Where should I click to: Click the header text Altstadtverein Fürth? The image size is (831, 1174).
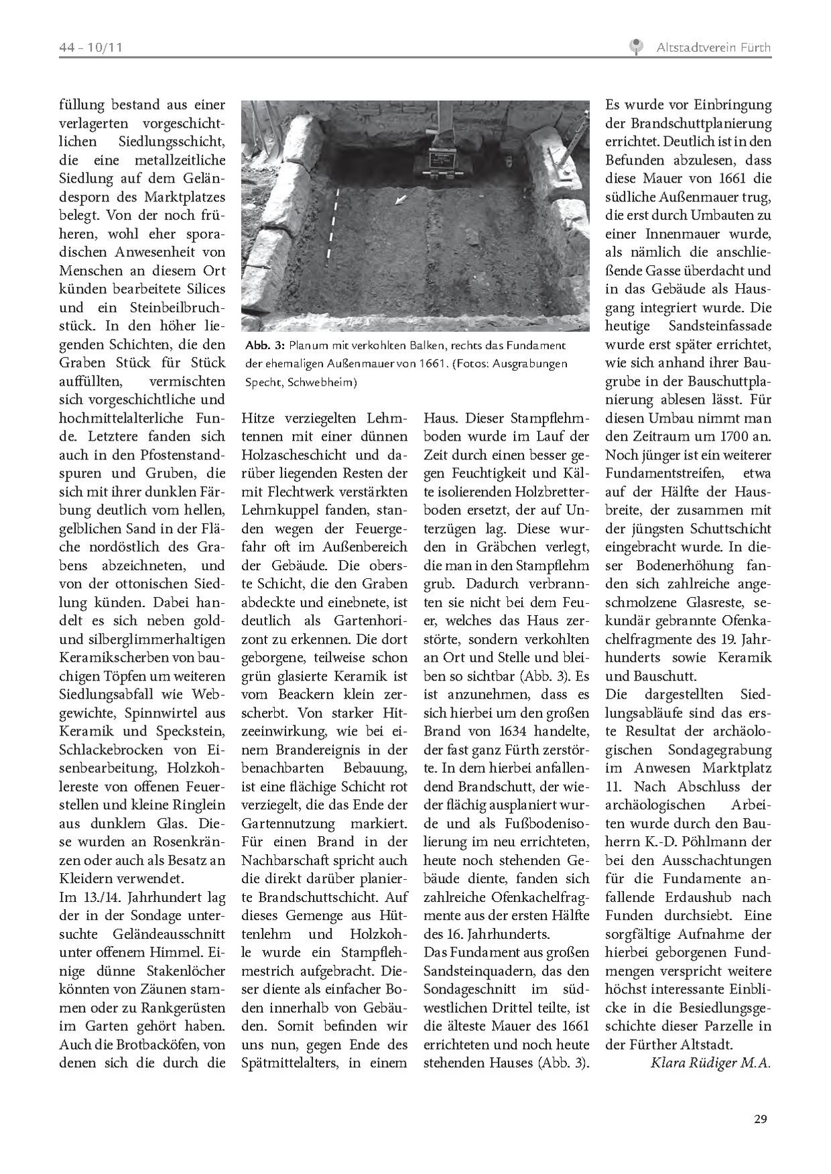[713, 48]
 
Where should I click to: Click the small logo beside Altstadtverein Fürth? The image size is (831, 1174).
[635, 47]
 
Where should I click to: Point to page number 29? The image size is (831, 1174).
[760, 1118]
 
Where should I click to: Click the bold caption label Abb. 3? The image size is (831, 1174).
[265, 346]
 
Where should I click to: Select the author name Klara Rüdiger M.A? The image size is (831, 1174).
[710, 1063]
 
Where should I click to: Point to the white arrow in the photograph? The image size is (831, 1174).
[401, 199]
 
